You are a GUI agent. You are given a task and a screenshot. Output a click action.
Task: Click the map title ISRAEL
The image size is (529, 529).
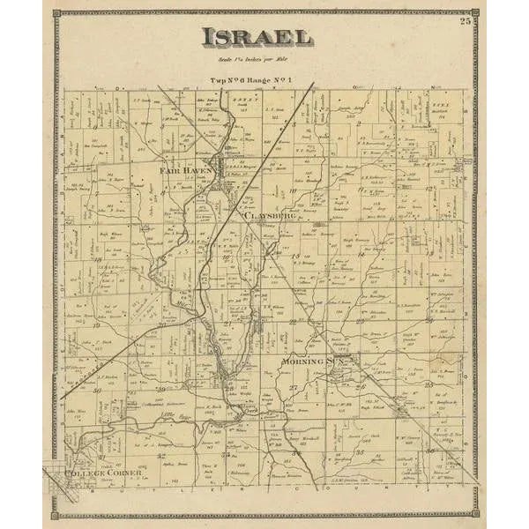click(x=256, y=37)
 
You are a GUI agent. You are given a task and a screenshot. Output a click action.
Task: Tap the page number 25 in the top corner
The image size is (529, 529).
click(x=465, y=21)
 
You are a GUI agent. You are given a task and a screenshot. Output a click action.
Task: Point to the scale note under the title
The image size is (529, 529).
click(x=254, y=59)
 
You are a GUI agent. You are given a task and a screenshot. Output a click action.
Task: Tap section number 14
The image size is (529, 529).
click(x=384, y=260)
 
